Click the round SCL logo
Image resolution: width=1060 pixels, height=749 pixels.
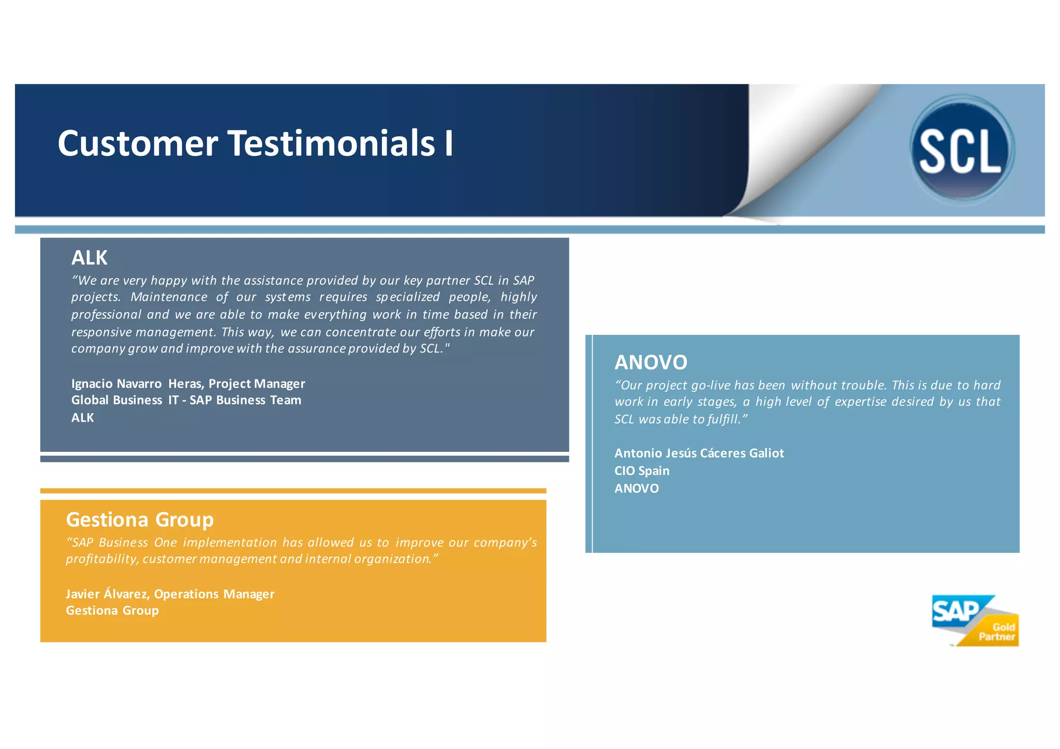[962, 150]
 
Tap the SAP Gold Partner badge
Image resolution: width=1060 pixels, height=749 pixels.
[975, 621]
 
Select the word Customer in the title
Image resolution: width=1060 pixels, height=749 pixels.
[138, 143]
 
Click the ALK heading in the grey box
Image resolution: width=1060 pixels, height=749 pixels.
[89, 258]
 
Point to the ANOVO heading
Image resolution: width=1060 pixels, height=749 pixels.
[651, 362]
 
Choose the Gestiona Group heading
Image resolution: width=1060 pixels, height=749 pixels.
[140, 519]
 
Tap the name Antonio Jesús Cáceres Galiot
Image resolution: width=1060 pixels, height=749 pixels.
[699, 453]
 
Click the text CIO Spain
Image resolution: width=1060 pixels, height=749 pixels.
[642, 471]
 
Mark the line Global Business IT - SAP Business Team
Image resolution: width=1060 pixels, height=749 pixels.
[186, 400]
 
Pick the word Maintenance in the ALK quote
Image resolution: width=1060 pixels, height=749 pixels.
[169, 297]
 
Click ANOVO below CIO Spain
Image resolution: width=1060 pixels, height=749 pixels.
[636, 489]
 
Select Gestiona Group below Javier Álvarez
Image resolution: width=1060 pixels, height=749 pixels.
[112, 611]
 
